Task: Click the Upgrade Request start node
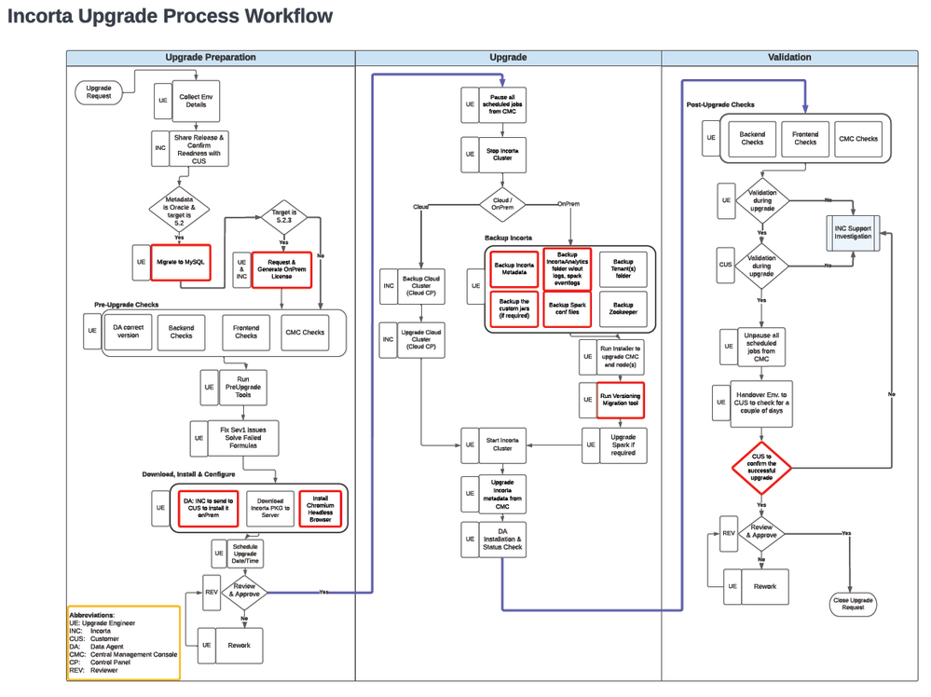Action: click(99, 90)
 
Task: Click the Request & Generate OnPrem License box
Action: click(281, 267)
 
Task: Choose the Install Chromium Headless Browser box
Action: click(321, 507)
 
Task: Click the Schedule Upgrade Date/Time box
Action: click(245, 552)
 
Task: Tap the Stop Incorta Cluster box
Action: click(503, 155)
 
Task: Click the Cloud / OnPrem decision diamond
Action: click(503, 202)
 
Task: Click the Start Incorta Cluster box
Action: click(503, 444)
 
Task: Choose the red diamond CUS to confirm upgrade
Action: click(761, 467)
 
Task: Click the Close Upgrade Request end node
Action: click(852, 604)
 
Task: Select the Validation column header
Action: click(788, 58)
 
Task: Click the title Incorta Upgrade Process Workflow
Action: click(170, 16)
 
